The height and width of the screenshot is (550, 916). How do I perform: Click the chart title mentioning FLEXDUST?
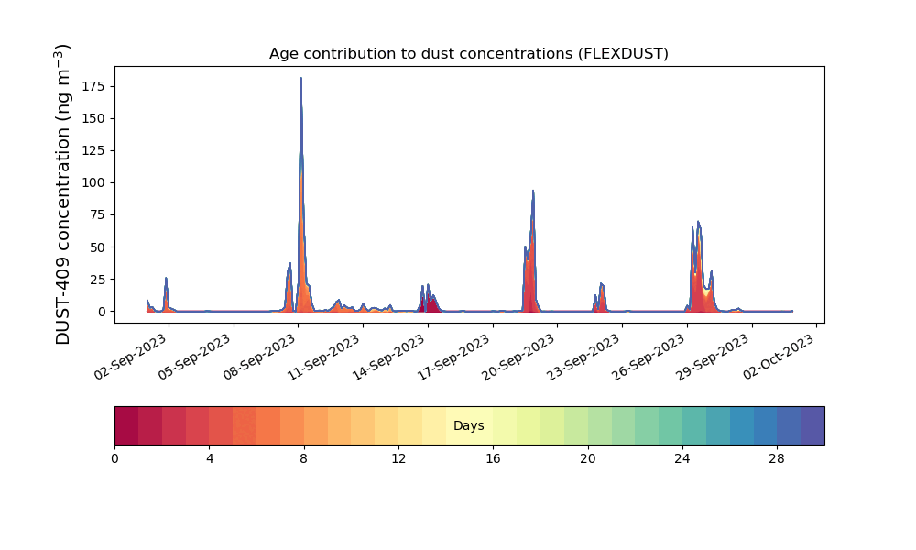[468, 53]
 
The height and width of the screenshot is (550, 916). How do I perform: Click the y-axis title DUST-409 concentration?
[63, 193]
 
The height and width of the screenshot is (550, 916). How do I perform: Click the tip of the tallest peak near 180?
[300, 79]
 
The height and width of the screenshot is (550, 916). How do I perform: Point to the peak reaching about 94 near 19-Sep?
[533, 191]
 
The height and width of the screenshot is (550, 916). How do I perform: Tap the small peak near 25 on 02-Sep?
[166, 278]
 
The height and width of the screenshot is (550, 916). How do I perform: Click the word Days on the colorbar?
[468, 426]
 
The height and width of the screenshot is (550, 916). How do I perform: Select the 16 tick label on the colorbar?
[493, 458]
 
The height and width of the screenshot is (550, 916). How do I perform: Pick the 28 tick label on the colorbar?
[777, 458]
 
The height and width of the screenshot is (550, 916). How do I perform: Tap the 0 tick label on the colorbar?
[114, 458]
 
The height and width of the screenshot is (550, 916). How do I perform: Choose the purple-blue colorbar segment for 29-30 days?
[812, 425]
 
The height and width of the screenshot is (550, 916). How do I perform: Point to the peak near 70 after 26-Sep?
[698, 222]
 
